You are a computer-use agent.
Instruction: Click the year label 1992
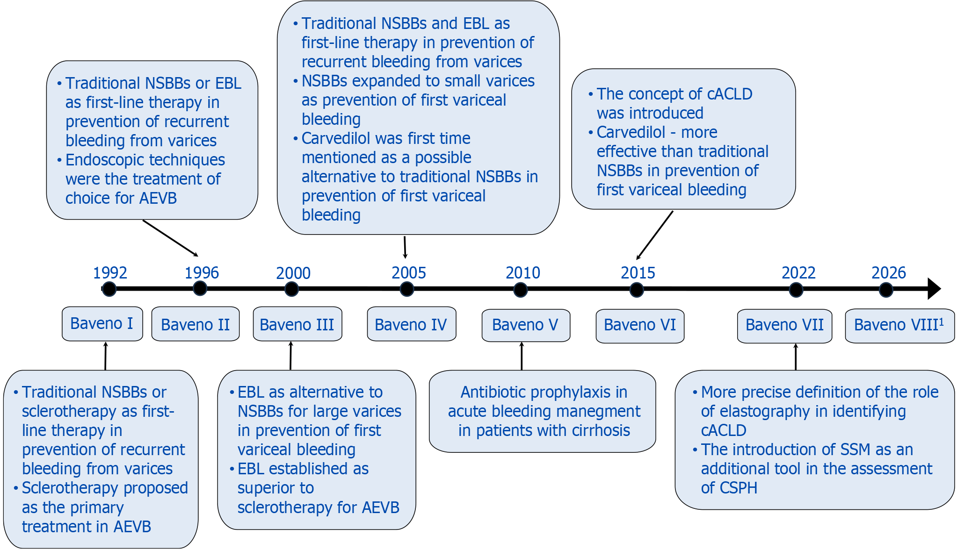pyautogui.click(x=110, y=273)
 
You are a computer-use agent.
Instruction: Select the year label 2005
pyautogui.click(x=408, y=273)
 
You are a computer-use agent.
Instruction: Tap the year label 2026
pyautogui.click(x=889, y=273)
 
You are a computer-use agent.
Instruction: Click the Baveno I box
pyautogui.click(x=102, y=324)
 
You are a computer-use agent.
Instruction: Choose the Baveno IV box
pyautogui.click(x=412, y=324)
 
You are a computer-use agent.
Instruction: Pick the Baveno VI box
pyautogui.click(x=640, y=326)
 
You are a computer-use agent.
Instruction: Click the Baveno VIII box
pyautogui.click(x=899, y=326)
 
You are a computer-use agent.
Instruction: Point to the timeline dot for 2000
pyautogui.click(x=291, y=289)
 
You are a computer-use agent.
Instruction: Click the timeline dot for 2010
pyautogui.click(x=520, y=290)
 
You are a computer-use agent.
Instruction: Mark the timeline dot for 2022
pyautogui.click(x=796, y=290)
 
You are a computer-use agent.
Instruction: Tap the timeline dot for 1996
pyautogui.click(x=200, y=288)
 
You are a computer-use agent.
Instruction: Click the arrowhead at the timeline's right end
pyautogui.click(x=934, y=289)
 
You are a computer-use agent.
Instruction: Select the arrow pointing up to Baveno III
pyautogui.click(x=290, y=356)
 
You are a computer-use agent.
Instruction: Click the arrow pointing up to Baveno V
pyautogui.click(x=522, y=356)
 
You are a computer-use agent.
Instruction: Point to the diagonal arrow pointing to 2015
pyautogui.click(x=654, y=235)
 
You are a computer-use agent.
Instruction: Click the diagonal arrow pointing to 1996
pyautogui.click(x=170, y=238)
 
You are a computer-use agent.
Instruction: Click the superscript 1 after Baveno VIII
pyautogui.click(x=941, y=321)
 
